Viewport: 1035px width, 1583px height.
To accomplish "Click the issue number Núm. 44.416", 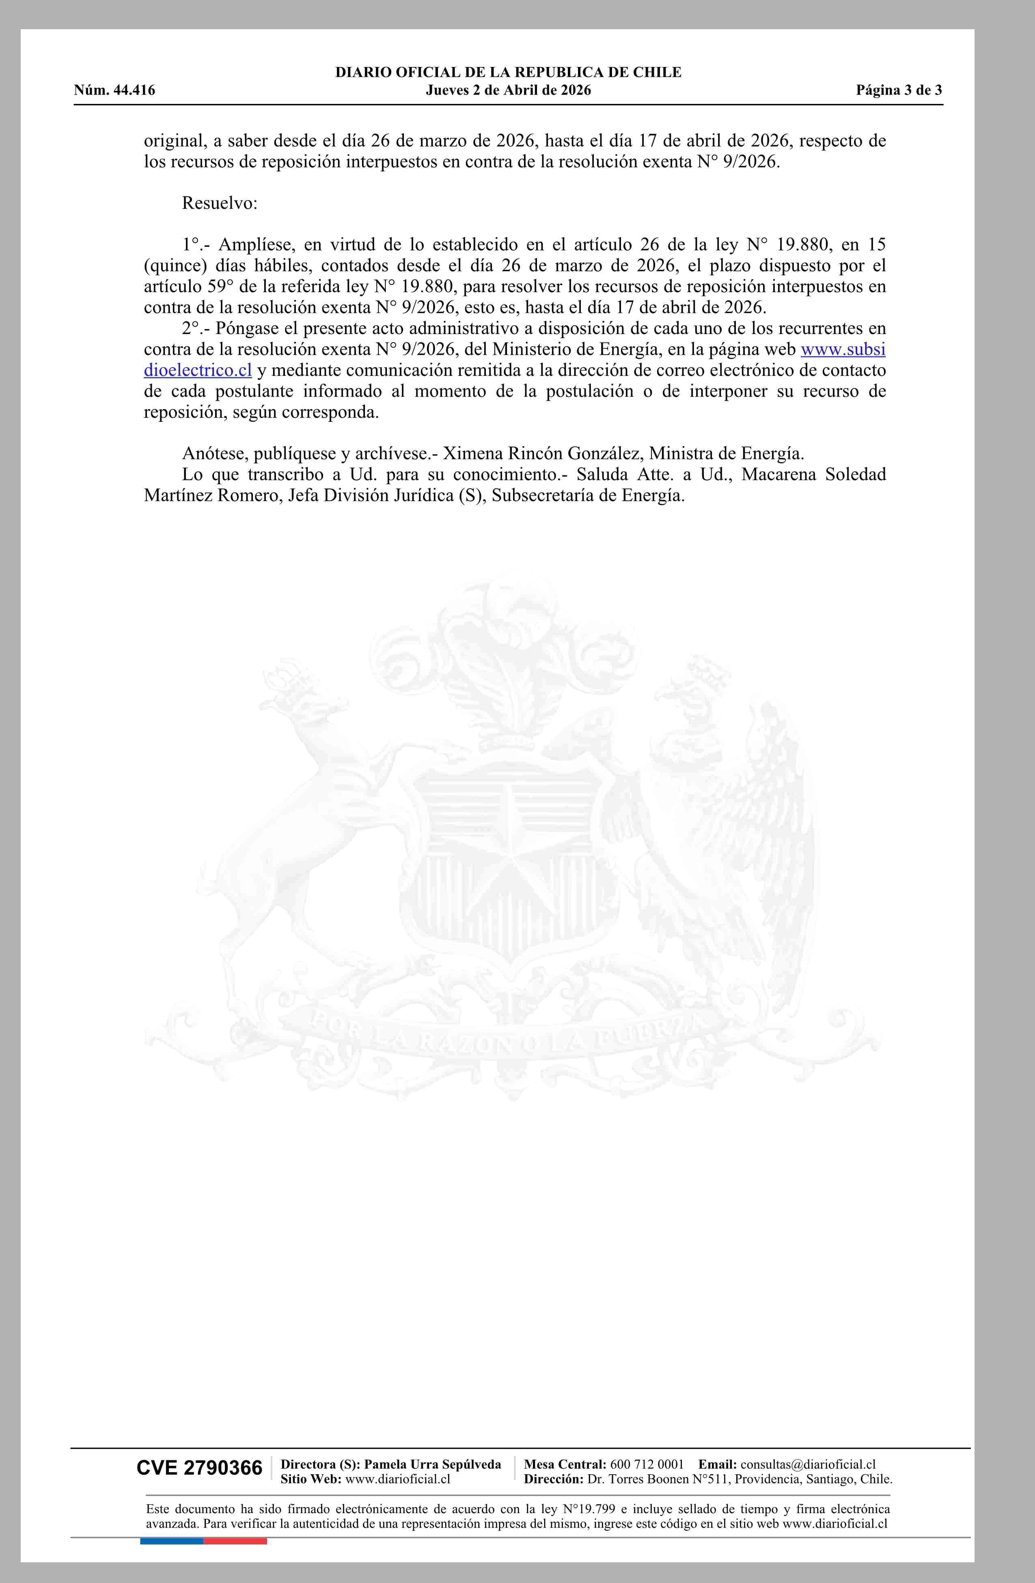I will (114, 91).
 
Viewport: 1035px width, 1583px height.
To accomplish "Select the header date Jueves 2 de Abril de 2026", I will (508, 91).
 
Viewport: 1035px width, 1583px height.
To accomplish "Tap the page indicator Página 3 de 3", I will (899, 91).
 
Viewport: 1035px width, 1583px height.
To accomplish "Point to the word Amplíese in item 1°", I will (255, 245).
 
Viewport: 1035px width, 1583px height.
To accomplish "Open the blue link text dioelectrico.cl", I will (198, 371).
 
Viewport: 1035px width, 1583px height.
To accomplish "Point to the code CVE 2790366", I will (200, 1467).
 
